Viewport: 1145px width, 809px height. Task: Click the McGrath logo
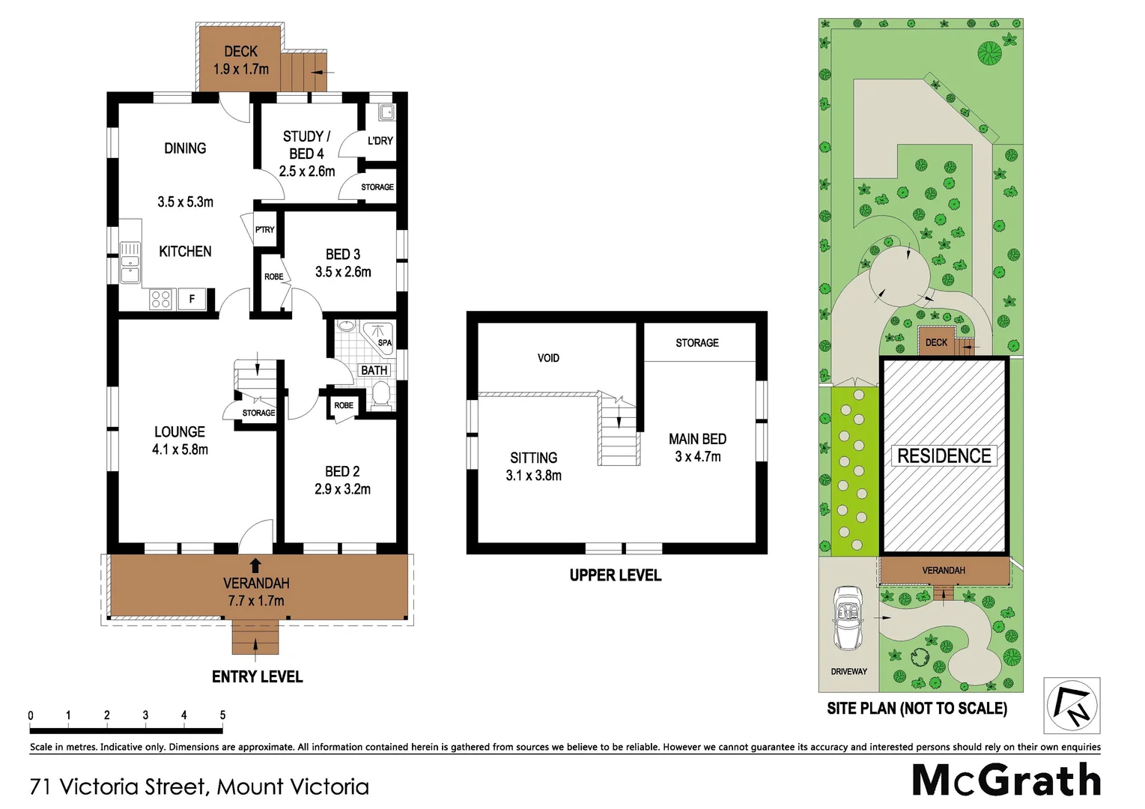[1006, 781]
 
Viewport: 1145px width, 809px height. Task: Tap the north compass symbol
[1072, 705]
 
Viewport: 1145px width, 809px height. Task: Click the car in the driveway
[848, 618]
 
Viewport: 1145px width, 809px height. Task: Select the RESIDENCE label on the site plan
[944, 455]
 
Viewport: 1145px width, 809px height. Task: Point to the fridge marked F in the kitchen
[192, 299]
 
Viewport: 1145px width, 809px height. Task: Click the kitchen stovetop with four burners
[161, 299]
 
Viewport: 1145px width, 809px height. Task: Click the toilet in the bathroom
[380, 394]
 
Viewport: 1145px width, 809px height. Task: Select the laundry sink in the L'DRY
[386, 112]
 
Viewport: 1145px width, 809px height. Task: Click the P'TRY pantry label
[264, 229]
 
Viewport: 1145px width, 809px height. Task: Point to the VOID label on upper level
[548, 358]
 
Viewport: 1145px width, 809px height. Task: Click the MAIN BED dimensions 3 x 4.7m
[697, 457]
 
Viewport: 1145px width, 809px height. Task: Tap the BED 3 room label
[343, 254]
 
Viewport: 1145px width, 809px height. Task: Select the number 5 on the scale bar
[222, 715]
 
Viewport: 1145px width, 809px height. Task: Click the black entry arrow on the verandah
[255, 566]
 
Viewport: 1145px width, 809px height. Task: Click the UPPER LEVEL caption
[615, 575]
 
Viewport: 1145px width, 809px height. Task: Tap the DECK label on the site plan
[936, 342]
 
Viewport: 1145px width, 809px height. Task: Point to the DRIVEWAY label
[848, 671]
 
